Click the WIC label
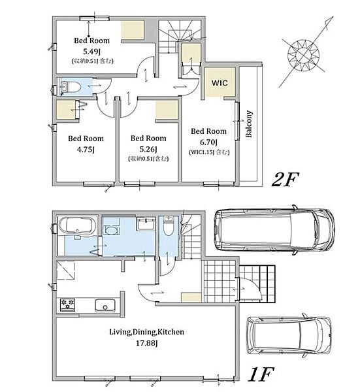(220, 83)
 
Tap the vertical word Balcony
(249, 124)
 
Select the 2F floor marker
(285, 180)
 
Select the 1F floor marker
(261, 374)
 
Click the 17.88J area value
(146, 343)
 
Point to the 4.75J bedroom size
(86, 150)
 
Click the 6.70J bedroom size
(208, 142)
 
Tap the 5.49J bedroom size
(91, 52)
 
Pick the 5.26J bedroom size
(148, 150)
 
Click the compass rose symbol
(304, 54)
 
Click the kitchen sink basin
(105, 305)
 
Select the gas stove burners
(67, 304)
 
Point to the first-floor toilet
(169, 226)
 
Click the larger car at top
(274, 230)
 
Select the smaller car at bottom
(289, 336)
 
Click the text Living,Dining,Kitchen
(147, 332)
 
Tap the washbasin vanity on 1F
(145, 224)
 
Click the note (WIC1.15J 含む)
(209, 152)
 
